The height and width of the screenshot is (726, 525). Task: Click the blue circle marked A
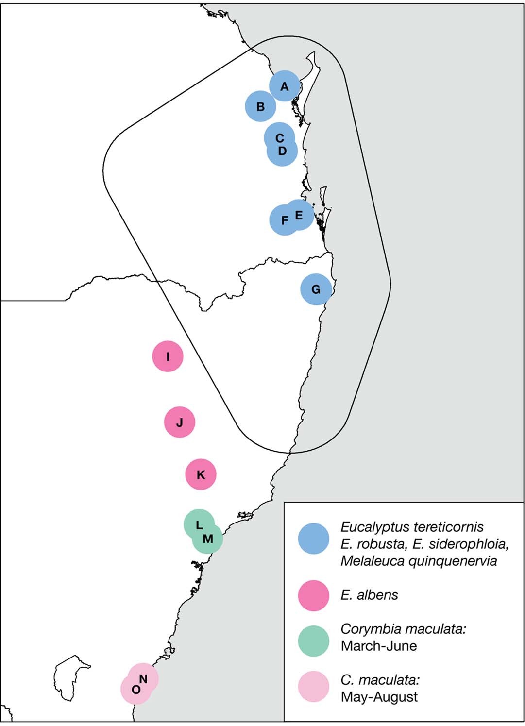[285, 86]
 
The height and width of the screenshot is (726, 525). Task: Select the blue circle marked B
[261, 106]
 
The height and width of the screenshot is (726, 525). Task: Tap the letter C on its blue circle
[279, 138]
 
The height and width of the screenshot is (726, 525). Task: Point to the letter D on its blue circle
[282, 151]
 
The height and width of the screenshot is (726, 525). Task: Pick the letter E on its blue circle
[299, 215]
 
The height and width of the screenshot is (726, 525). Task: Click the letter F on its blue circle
[285, 220]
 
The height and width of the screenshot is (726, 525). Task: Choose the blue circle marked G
[316, 289]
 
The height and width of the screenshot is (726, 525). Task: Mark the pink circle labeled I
[168, 356]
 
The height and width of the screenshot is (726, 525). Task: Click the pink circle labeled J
[180, 422]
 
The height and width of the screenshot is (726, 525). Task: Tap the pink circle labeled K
[201, 474]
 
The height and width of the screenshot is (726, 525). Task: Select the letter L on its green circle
[199, 525]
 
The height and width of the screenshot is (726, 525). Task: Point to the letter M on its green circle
[208, 539]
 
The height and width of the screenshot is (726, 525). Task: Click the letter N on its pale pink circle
[143, 679]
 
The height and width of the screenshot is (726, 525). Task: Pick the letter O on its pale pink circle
[136, 690]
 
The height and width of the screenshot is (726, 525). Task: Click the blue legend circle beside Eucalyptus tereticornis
[314, 539]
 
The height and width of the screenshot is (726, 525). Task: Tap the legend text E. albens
[369, 595]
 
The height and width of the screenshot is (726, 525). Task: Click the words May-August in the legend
[379, 697]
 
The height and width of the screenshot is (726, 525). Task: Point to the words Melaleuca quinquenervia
[419, 561]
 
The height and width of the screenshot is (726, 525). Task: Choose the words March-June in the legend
[379, 646]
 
